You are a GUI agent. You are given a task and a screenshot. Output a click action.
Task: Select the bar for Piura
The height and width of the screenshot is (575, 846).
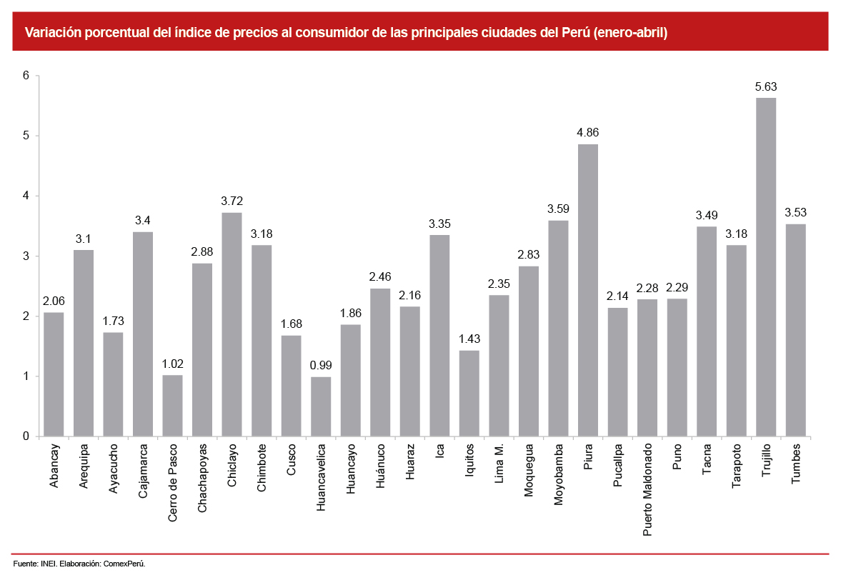click(587, 290)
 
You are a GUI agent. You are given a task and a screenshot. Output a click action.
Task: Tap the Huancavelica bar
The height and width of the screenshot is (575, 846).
click(321, 406)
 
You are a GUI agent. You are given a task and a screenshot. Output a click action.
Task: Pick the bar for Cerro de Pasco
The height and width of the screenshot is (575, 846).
click(172, 406)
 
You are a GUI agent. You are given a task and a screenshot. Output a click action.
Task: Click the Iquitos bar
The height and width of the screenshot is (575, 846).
click(469, 393)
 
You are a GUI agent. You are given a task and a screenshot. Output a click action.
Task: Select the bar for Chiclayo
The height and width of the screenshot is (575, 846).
click(232, 324)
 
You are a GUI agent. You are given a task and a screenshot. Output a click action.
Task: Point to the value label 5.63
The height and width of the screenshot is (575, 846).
click(765, 87)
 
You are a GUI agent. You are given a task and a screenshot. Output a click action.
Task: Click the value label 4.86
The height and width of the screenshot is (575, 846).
click(587, 134)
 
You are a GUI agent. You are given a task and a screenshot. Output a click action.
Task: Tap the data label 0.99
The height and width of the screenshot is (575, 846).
click(321, 366)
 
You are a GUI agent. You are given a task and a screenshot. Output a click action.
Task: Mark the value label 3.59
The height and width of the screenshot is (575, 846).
click(558, 209)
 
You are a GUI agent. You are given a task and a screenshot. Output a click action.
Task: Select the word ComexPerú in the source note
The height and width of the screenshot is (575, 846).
click(124, 564)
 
